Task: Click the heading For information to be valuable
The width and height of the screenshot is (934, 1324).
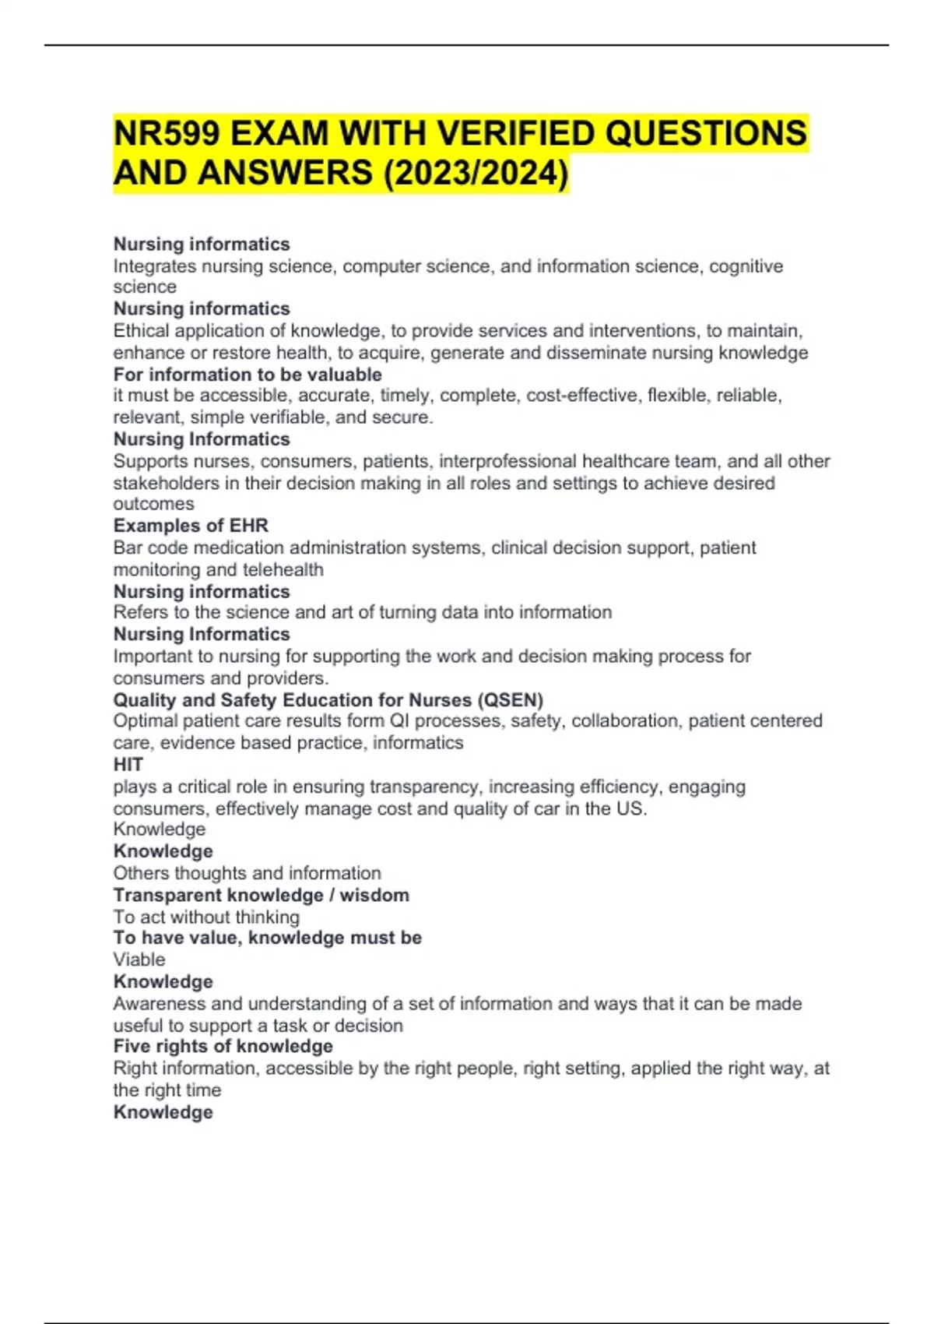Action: click(x=248, y=375)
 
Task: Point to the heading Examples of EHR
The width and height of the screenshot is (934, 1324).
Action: click(x=191, y=526)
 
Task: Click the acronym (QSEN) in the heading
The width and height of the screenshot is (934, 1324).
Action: click(x=514, y=699)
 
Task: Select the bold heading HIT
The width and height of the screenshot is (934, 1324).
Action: click(x=128, y=765)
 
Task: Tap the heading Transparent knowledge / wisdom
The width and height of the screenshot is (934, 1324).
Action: click(x=262, y=895)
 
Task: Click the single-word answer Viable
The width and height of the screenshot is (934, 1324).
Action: click(x=139, y=960)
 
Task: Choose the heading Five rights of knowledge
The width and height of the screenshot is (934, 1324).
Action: click(x=223, y=1046)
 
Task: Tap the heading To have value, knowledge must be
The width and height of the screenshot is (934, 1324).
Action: click(x=268, y=938)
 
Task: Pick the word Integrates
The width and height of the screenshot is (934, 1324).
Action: click(x=154, y=266)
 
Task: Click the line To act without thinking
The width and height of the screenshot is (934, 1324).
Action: click(x=206, y=917)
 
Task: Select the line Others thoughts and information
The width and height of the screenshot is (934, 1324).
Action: click(x=248, y=873)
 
